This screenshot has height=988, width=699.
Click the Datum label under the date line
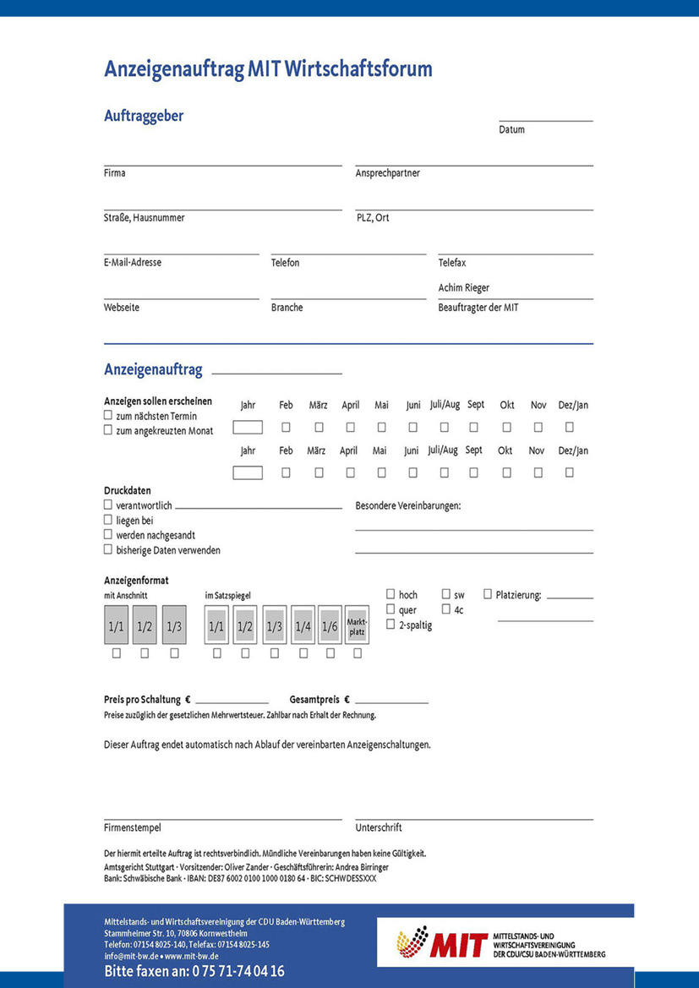click(511, 130)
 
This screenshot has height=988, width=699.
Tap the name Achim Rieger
click(463, 288)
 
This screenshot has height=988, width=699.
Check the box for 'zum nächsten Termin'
click(108, 416)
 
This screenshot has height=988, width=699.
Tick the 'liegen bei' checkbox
click(108, 521)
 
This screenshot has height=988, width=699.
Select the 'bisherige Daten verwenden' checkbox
click(108, 549)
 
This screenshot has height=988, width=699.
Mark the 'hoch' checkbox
click(390, 594)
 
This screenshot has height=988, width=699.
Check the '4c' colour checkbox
click(445, 609)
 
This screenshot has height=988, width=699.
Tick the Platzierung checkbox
click(488, 594)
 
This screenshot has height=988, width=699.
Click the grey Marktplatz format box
click(357, 625)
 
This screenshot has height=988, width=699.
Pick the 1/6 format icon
click(330, 626)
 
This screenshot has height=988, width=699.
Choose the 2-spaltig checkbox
click(390, 625)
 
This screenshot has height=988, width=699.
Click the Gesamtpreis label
click(314, 700)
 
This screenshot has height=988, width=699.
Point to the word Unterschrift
click(379, 828)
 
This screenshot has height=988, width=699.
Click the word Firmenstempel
click(132, 828)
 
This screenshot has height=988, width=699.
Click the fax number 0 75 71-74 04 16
click(238, 972)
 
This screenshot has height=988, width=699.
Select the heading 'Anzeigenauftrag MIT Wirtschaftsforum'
click(268, 69)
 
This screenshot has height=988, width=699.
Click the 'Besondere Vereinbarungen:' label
click(408, 505)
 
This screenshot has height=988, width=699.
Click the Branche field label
click(287, 308)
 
